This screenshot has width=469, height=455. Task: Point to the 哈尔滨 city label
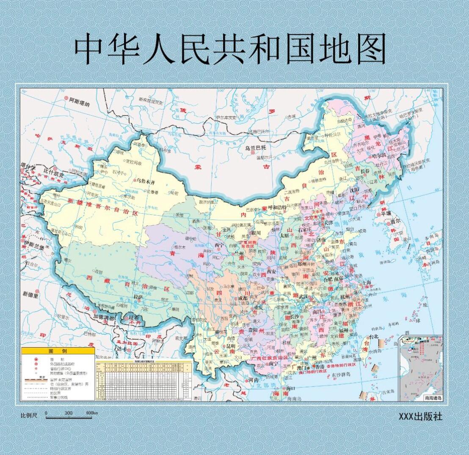click(x=379, y=156)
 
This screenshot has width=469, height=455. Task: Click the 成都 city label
click(x=243, y=298)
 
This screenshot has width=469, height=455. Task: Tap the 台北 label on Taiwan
click(x=373, y=337)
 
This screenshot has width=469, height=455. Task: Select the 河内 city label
click(x=253, y=380)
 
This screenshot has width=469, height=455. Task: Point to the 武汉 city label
click(x=303, y=297)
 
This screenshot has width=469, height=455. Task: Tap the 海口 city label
click(x=290, y=388)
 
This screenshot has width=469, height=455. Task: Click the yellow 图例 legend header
click(x=58, y=351)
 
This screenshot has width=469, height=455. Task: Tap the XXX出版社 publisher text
click(x=420, y=416)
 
